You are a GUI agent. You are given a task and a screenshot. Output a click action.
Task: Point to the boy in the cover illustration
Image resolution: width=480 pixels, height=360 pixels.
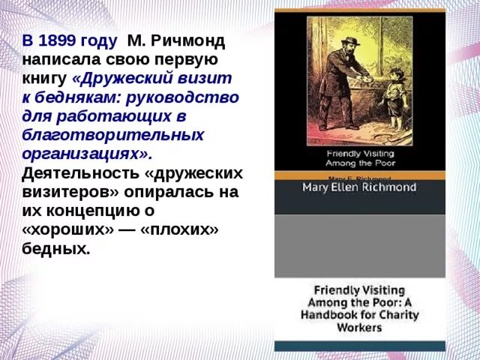(x=393, y=97)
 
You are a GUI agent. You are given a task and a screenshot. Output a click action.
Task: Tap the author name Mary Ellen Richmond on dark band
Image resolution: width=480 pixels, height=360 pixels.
(x=358, y=187)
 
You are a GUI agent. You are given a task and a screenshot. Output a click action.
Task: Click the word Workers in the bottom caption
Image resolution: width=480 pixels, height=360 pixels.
(x=359, y=328)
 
